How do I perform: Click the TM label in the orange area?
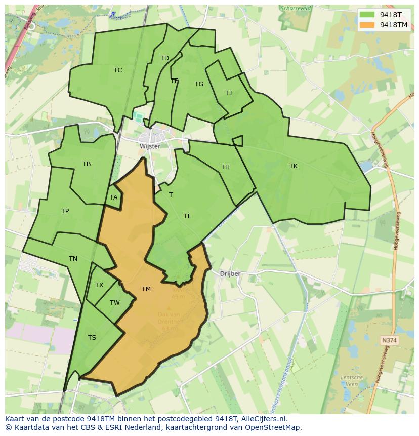(x=146, y=289)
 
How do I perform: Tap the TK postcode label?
(x=294, y=166)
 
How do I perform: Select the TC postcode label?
(x=118, y=70)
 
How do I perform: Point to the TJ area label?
(x=228, y=93)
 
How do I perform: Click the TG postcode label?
(x=199, y=84)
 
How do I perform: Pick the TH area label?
(x=225, y=167)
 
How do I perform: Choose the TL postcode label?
(x=187, y=216)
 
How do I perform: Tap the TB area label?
(x=87, y=164)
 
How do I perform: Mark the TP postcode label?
(x=65, y=211)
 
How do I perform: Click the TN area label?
(x=73, y=259)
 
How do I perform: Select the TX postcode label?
(x=99, y=285)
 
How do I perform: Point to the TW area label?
(x=115, y=303)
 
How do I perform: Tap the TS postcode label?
(x=92, y=338)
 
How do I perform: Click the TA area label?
(x=113, y=198)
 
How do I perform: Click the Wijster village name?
(x=150, y=146)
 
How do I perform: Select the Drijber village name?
(x=230, y=273)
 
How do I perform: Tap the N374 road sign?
(x=390, y=341)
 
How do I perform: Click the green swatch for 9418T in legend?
(x=367, y=14)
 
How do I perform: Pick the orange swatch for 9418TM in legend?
(x=367, y=25)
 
